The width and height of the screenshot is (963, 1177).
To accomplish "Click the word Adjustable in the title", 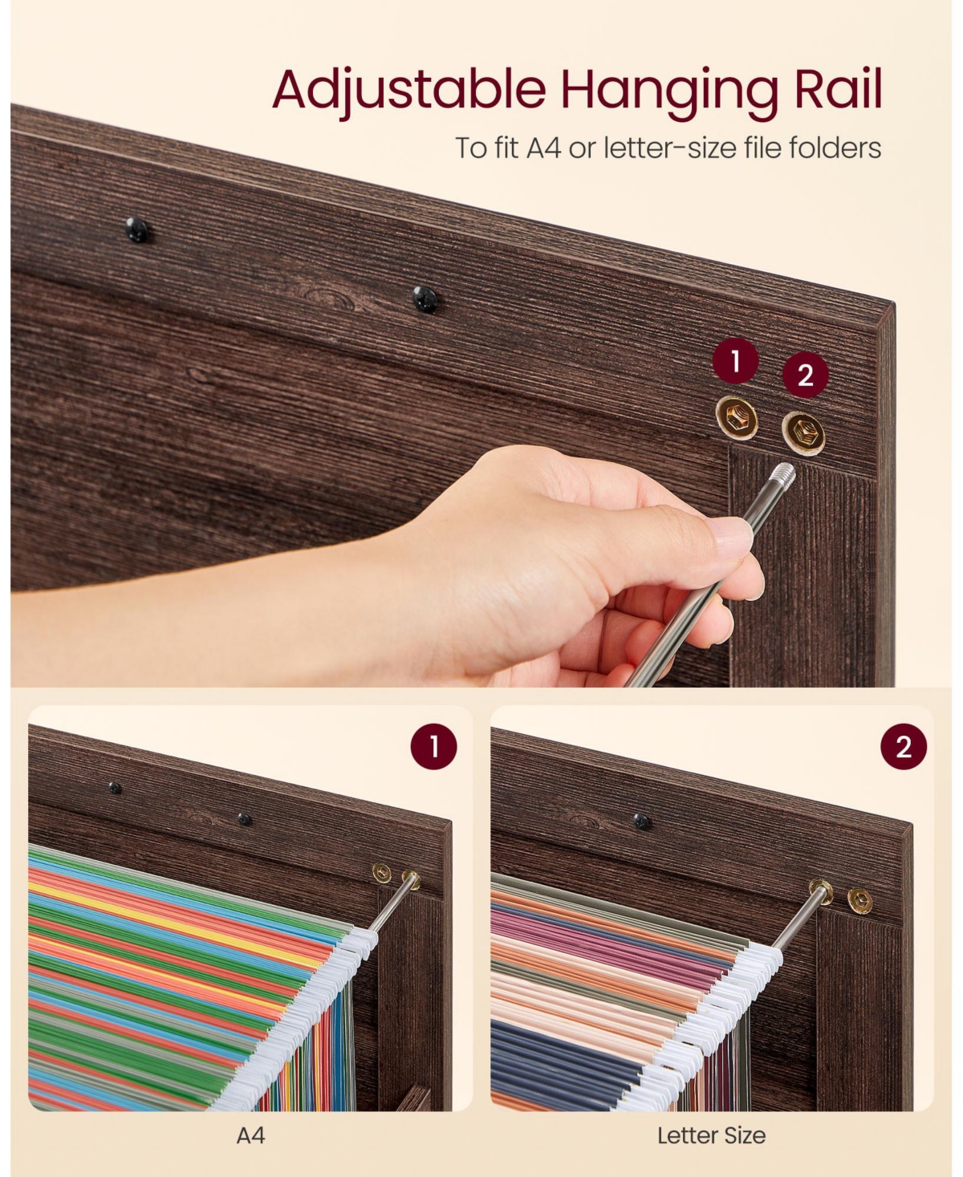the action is [409, 91].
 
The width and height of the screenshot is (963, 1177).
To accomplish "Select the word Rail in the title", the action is [838, 88].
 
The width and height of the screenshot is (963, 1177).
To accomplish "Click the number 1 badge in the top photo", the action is [735, 361].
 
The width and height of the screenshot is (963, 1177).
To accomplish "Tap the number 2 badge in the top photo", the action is [805, 375].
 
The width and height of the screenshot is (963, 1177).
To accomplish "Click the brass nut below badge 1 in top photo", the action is [737, 418].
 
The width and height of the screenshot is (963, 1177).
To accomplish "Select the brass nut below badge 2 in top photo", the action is [803, 433].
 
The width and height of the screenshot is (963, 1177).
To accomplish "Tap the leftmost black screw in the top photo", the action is [136, 230].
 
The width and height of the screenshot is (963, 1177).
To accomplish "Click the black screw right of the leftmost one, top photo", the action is [425, 299].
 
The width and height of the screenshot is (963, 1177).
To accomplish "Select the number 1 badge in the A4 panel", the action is [433, 747].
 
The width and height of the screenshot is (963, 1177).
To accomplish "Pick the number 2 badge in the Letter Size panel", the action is [904, 747].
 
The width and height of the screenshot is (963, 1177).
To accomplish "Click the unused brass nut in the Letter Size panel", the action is [859, 900].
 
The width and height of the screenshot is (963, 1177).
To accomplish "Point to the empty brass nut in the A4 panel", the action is [382, 874].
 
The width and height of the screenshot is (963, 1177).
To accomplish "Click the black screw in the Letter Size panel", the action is [641, 821].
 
